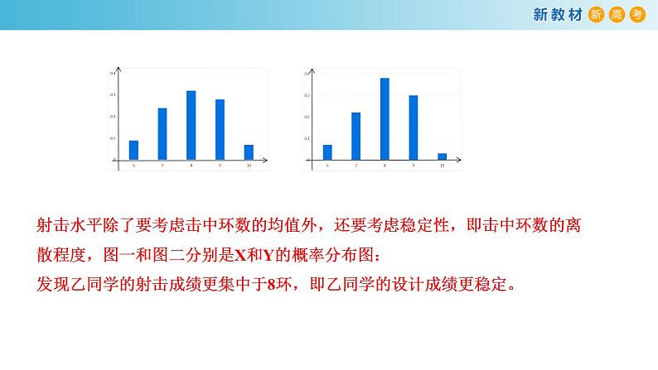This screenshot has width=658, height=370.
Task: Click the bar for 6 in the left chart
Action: point(133,150)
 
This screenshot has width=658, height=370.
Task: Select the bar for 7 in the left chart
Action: point(162,134)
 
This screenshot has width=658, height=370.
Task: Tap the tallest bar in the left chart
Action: point(191,125)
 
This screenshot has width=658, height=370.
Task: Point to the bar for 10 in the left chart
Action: point(249,152)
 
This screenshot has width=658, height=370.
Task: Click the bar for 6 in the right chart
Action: point(327,152)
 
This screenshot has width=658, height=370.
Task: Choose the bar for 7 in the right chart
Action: point(356,136)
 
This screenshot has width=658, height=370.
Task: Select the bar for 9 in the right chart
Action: point(413,127)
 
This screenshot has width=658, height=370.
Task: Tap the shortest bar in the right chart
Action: point(442,156)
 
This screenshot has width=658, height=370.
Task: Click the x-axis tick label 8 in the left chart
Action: point(191,166)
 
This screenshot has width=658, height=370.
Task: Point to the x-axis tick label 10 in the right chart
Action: point(442,166)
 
